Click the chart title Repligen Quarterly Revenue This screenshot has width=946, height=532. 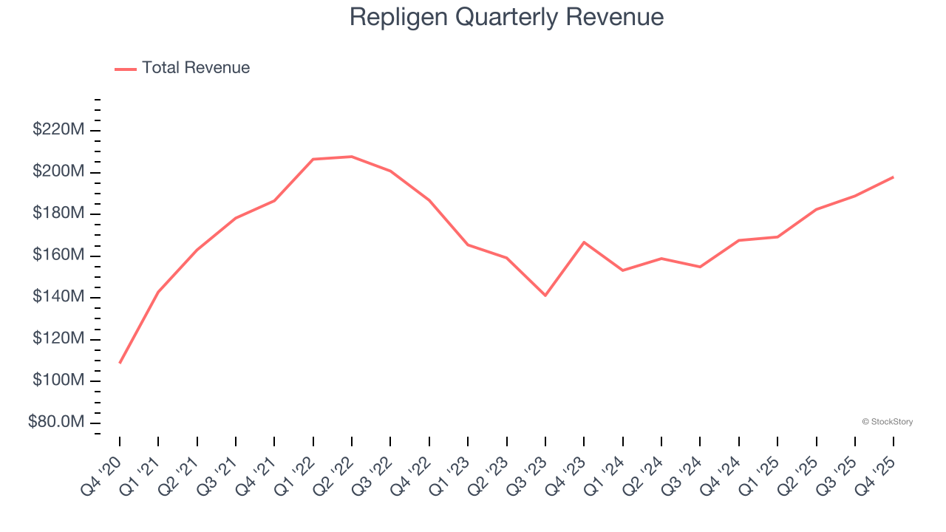coord(506,17)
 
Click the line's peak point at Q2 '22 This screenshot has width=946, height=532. coord(352,157)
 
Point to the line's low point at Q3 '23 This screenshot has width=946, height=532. coord(545,296)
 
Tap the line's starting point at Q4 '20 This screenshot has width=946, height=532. coord(120,363)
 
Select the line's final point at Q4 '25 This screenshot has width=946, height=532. coord(893,177)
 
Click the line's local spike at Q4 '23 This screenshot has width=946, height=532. coord(584,242)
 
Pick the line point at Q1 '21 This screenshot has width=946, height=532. coord(158,292)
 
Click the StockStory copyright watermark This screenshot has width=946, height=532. coord(887,422)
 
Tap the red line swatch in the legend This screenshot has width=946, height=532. coord(126,69)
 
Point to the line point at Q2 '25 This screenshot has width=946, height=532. coord(816,209)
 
